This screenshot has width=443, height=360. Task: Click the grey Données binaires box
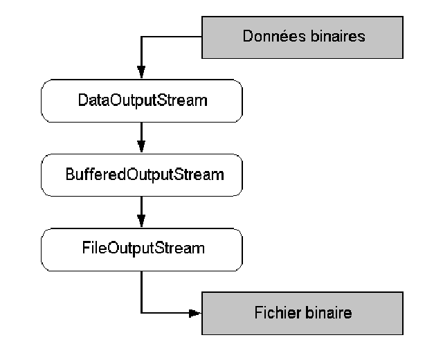302,37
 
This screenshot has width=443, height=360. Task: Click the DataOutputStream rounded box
141,101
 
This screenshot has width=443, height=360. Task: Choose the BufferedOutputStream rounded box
141,174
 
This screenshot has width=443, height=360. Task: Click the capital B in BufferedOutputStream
69,174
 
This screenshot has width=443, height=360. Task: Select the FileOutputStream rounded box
141,246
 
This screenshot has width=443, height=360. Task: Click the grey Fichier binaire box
302,313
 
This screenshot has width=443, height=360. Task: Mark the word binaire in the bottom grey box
329,313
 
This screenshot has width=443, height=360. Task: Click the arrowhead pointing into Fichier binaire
195,313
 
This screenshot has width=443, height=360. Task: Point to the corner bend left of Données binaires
141,37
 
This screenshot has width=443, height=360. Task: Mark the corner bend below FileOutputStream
141,313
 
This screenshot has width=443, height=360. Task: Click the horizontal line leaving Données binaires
173,37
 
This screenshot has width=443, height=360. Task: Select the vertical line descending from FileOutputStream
141,291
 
